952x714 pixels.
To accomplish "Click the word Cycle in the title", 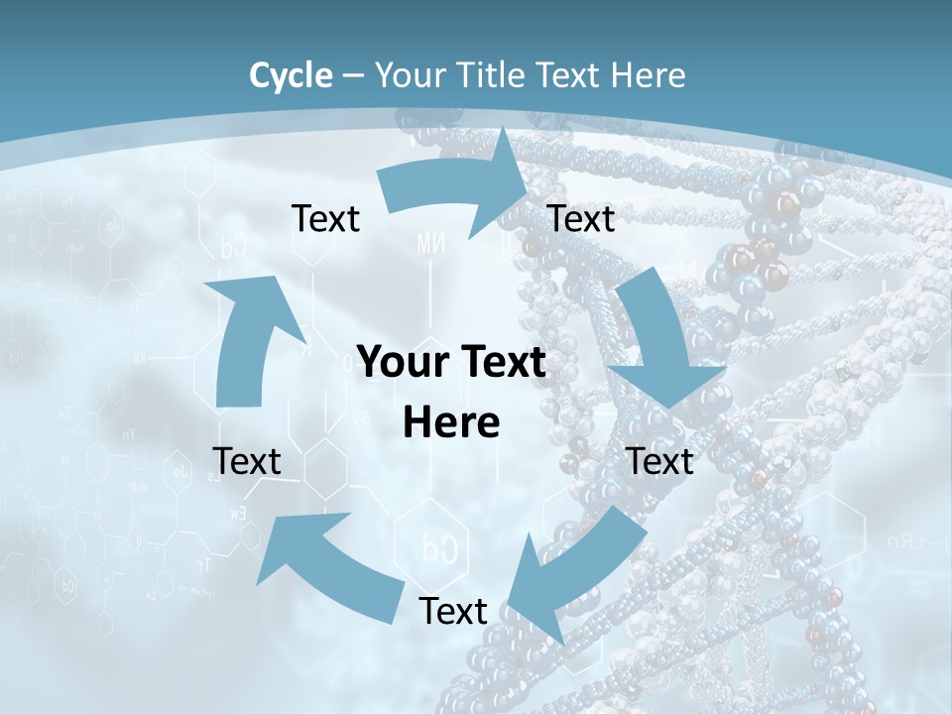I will (291, 75).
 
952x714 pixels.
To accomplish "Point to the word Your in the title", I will (409, 75).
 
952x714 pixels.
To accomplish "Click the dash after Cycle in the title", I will (353, 75).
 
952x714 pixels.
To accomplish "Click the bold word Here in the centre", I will (451, 422).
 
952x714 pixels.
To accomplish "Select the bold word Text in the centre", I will (501, 363).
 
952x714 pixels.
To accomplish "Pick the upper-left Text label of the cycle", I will (325, 219).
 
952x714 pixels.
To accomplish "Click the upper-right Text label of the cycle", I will (581, 219).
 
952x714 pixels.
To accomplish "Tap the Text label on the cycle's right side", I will (659, 461).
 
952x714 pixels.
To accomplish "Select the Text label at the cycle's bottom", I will (453, 611).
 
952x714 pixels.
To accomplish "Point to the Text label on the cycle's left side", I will (247, 461).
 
